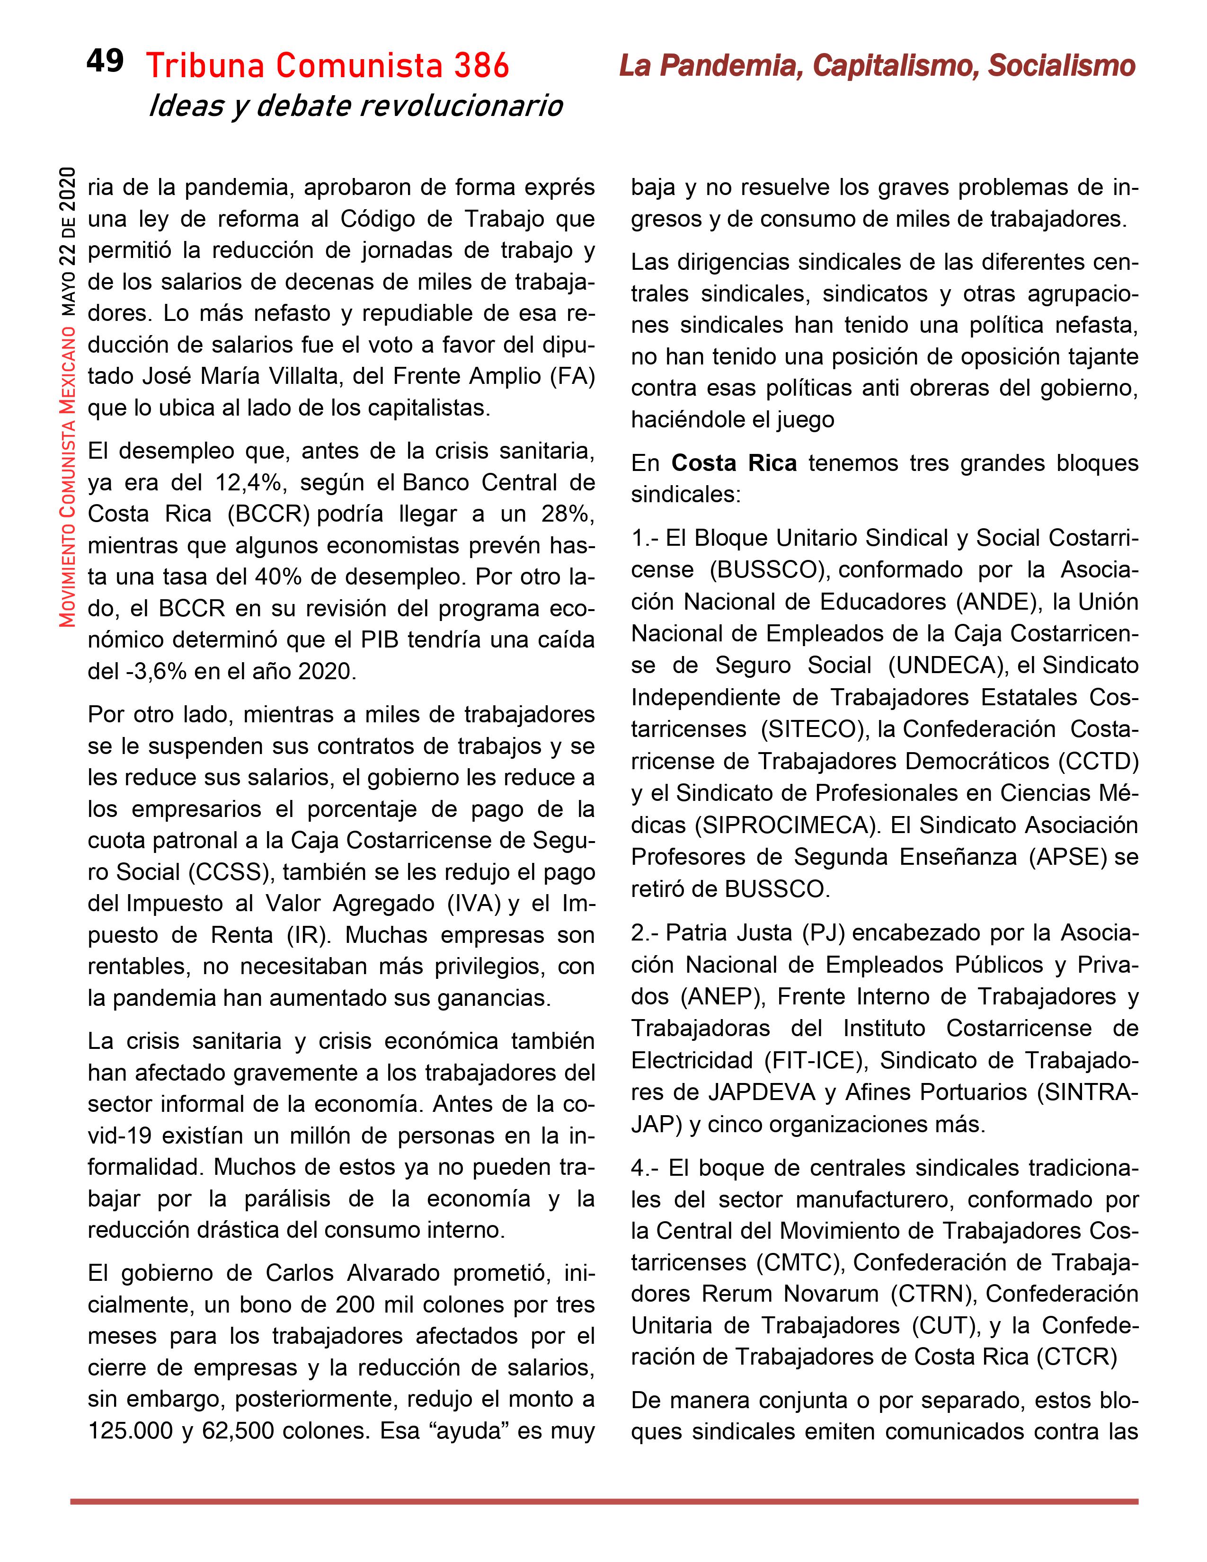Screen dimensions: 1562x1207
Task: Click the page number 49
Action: point(105,62)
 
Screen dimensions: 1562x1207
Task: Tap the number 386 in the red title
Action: point(481,67)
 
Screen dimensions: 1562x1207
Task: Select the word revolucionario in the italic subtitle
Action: point(461,106)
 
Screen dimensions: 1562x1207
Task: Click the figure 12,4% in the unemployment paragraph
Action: point(249,483)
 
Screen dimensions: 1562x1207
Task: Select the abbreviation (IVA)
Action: point(473,903)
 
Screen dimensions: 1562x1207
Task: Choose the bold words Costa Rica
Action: point(734,463)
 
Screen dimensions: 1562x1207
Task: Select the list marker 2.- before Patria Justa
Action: point(645,933)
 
